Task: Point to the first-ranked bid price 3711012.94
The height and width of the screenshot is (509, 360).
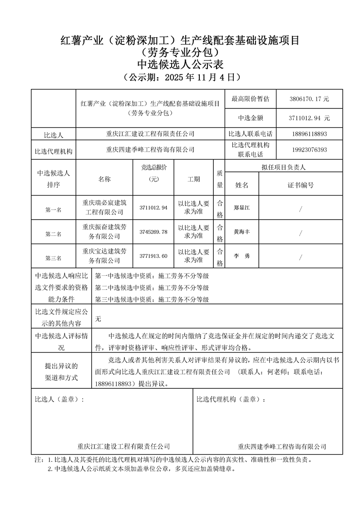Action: (x=153, y=208)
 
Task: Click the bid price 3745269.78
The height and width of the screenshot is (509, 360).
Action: (x=153, y=232)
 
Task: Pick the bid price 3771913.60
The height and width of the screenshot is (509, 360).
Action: (x=153, y=256)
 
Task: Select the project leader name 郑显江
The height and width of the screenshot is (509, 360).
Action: (x=242, y=208)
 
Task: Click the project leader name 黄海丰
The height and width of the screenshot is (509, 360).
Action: (x=242, y=232)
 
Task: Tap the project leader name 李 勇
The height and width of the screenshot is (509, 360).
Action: (x=242, y=256)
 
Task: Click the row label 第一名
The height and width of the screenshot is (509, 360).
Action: (x=53, y=210)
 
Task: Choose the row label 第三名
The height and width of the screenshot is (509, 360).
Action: (x=53, y=258)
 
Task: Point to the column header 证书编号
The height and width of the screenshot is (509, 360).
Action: (x=301, y=185)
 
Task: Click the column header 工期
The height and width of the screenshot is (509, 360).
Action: (x=194, y=179)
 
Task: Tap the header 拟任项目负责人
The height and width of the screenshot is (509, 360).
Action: (x=284, y=167)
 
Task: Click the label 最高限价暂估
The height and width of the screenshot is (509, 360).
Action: (x=250, y=98)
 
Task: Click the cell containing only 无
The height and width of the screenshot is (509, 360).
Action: (x=99, y=319)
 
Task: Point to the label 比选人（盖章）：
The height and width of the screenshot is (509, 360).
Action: (x=59, y=399)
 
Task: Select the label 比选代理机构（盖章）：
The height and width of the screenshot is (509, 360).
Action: (x=231, y=399)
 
